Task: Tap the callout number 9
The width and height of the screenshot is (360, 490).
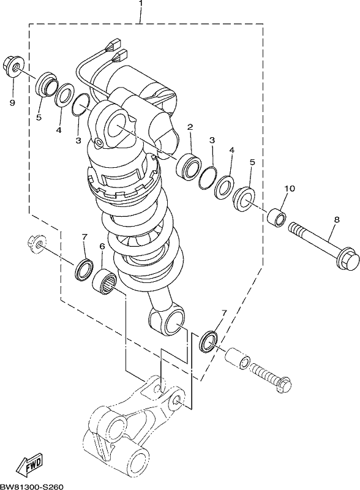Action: click(x=12, y=103)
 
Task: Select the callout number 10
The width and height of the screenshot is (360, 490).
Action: click(x=290, y=189)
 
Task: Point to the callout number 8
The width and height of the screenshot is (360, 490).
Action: click(x=336, y=219)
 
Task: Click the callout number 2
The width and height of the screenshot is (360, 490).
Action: click(x=190, y=127)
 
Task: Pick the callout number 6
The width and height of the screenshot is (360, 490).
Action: click(x=102, y=246)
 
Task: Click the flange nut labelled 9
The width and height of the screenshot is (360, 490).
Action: click(x=12, y=66)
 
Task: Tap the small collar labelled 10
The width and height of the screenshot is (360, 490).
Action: click(x=277, y=216)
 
